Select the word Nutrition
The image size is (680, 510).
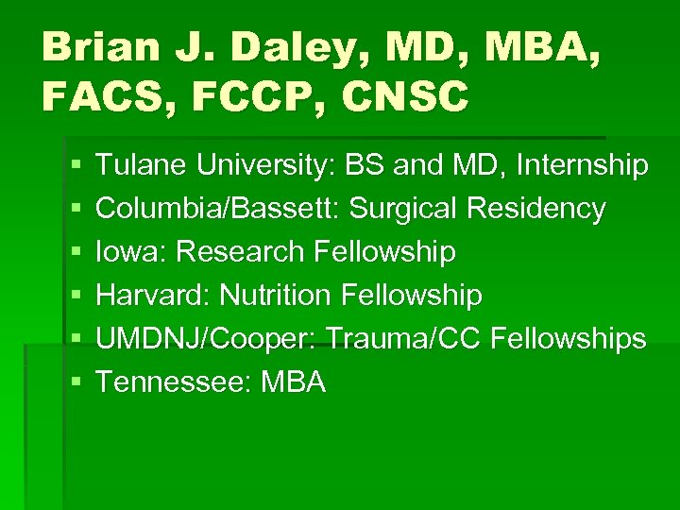click(274, 296)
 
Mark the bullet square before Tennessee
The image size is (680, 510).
click(76, 382)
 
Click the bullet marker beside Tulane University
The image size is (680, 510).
click(76, 167)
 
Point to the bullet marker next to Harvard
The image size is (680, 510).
click(76, 297)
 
